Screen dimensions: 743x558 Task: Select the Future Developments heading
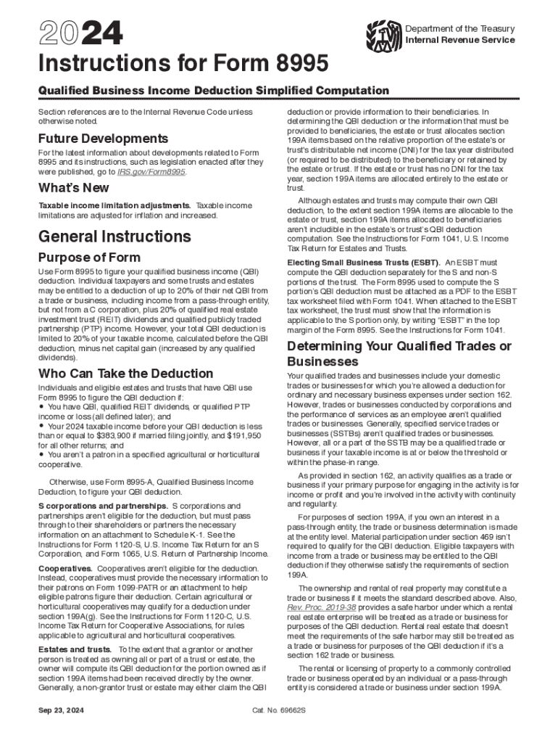(x=103, y=138)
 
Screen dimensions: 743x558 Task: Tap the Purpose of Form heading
(x=89, y=258)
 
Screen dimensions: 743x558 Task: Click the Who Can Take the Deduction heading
(x=120, y=374)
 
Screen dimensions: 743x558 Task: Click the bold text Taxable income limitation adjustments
(x=114, y=206)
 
